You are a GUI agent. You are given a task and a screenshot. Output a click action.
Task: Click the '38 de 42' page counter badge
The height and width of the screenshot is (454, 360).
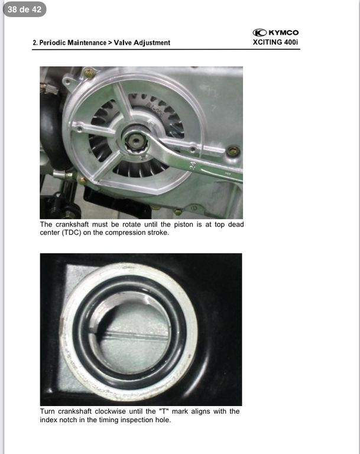point(25,9)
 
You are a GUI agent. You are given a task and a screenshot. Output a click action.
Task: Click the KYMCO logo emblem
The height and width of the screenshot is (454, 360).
point(260,33)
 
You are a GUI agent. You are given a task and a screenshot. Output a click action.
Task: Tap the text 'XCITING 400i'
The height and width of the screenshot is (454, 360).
point(275,43)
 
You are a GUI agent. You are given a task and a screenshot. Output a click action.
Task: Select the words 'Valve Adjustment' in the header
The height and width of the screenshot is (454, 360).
point(142,43)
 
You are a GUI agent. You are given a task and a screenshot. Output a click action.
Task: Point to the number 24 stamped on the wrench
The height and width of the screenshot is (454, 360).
point(193,166)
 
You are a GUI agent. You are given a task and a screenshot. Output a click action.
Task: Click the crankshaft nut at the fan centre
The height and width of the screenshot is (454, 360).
point(135,142)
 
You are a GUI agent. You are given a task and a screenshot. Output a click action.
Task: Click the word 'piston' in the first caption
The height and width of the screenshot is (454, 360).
point(183,225)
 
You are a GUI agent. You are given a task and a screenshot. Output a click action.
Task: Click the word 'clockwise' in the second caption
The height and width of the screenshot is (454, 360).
point(111,411)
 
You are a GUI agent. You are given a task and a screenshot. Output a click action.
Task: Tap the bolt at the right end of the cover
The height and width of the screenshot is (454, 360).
point(233,151)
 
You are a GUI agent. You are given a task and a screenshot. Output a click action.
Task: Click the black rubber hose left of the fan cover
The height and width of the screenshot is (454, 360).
point(52,130)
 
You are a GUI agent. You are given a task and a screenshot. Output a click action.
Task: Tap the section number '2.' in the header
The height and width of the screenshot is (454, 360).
point(35,43)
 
